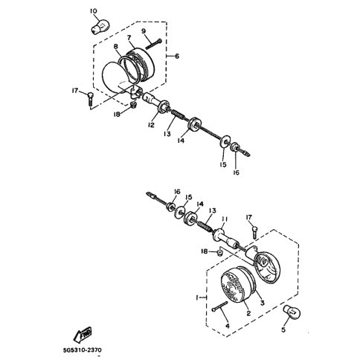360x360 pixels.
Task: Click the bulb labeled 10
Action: pos(99,27)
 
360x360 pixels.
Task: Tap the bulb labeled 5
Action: pos(292,312)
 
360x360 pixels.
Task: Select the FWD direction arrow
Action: pos(83,335)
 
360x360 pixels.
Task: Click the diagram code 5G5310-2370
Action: pos(82,350)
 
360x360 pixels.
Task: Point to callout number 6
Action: pos(177,57)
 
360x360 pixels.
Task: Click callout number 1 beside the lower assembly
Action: pos(197,298)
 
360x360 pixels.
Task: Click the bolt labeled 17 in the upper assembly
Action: pos(90,99)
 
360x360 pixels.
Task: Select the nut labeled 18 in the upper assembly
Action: pos(134,104)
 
